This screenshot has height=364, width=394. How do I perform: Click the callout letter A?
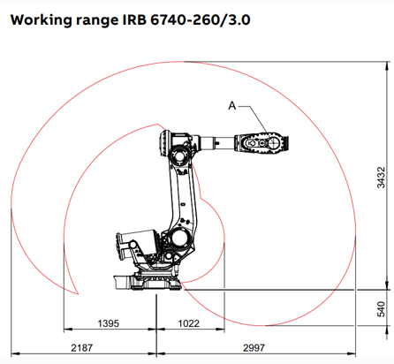pyautogui.click(x=232, y=105)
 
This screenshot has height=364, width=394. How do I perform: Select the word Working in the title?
pyautogui.click(x=42, y=18)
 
